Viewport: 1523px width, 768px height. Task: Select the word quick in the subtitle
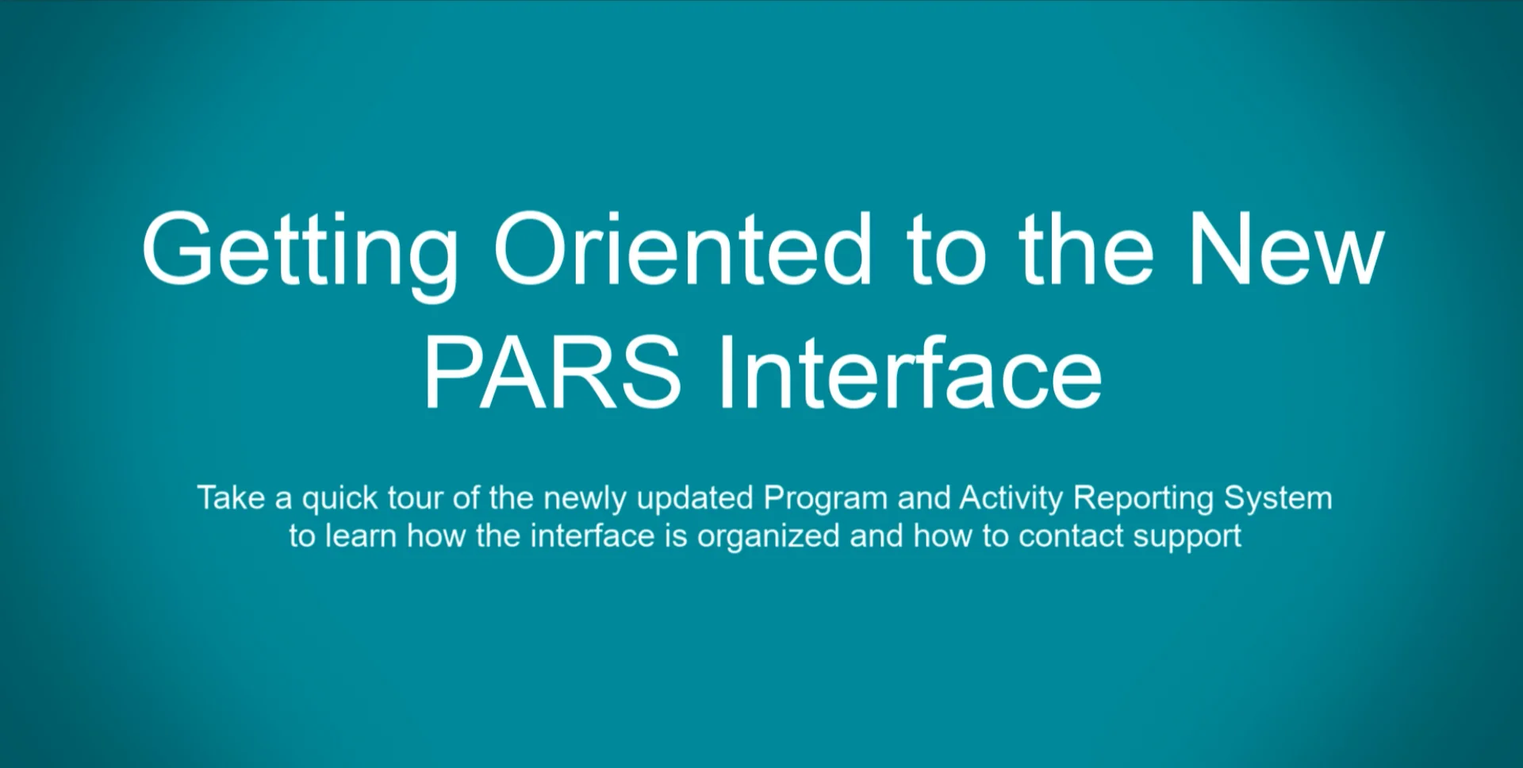click(x=340, y=499)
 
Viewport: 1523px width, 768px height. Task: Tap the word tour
click(x=416, y=498)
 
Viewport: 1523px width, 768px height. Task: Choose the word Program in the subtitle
click(x=825, y=499)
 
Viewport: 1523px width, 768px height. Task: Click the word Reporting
click(x=1143, y=499)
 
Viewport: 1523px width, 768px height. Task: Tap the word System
click(x=1278, y=499)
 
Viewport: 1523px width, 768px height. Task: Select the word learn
click(x=361, y=536)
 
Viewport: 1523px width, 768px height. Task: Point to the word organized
click(x=768, y=537)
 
